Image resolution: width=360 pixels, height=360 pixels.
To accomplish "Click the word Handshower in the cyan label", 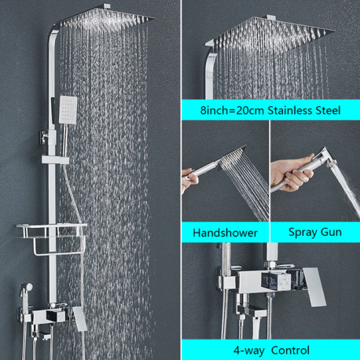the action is (225, 233).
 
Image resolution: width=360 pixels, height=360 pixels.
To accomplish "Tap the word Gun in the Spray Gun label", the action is (331, 233).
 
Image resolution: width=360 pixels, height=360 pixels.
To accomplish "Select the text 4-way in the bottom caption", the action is (248, 351).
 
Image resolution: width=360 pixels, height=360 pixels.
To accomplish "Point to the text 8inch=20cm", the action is (232, 110).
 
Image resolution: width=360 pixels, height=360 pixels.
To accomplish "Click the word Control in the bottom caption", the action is (290, 351).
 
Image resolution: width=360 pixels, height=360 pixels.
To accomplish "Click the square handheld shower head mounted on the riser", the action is (68, 110).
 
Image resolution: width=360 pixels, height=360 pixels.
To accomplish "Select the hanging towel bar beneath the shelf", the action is (59, 245).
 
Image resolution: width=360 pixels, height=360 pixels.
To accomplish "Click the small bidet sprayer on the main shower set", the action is (26, 288).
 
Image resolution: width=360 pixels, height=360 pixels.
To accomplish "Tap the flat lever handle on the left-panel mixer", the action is (80, 318).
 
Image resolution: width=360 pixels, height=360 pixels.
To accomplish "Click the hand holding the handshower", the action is (189, 179).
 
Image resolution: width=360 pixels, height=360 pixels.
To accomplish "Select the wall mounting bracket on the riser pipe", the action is (45, 137).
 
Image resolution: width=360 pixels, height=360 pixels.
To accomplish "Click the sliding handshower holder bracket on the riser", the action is (55, 160).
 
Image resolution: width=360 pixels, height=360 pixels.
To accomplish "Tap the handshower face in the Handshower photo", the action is (233, 156).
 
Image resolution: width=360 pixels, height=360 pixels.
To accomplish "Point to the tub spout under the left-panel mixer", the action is (42, 335).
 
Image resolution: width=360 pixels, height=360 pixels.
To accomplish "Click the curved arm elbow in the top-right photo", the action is (211, 71).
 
